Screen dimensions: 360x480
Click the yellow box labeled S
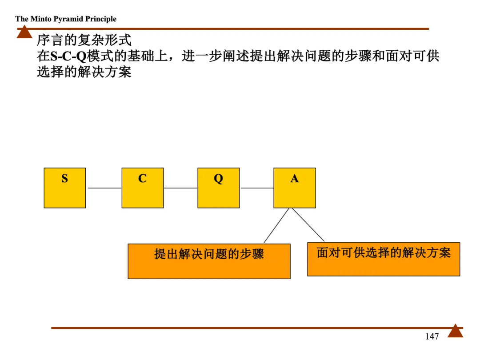coord(65,188)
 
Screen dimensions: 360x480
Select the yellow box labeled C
coord(143,188)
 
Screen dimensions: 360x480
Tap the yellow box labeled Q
coord(218,188)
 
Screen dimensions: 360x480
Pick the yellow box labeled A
coord(295,188)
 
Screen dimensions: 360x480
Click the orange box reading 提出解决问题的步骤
coord(209,261)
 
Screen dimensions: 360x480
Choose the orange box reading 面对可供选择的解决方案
coord(384,259)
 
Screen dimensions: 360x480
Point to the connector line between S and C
coord(104,188)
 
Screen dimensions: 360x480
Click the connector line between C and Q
coord(180,188)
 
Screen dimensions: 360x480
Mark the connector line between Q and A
coord(257,188)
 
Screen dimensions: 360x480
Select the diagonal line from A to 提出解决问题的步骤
coord(276,225)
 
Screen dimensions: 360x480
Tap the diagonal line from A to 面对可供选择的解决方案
coord(308,224)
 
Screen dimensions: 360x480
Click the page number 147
coord(432,336)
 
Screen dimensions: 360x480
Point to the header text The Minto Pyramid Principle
coord(66,19)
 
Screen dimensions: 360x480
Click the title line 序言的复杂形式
coord(84,40)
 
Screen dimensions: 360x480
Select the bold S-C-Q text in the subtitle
coord(68,57)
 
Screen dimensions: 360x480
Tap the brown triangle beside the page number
coord(455,332)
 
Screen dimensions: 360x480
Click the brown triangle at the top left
coord(24,32)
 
